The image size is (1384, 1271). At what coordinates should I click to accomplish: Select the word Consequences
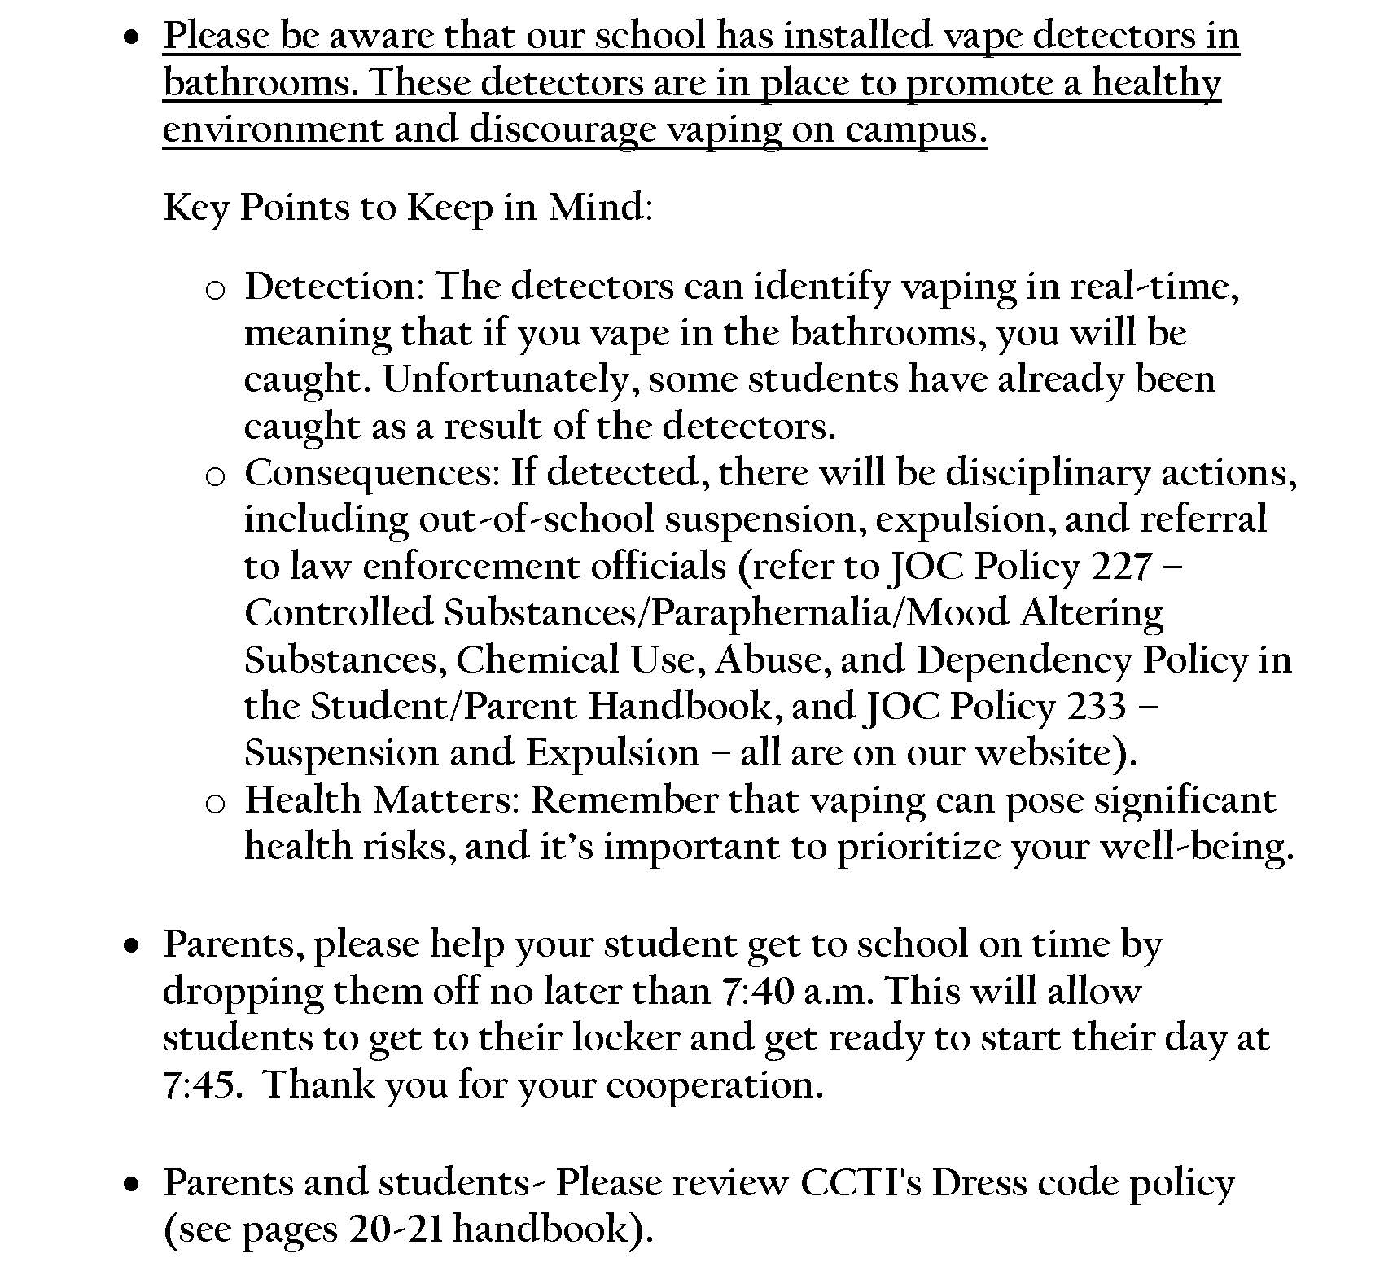(371, 473)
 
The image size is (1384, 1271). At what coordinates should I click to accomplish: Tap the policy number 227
(1122, 567)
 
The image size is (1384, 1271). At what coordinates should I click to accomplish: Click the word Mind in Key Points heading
(599, 208)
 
